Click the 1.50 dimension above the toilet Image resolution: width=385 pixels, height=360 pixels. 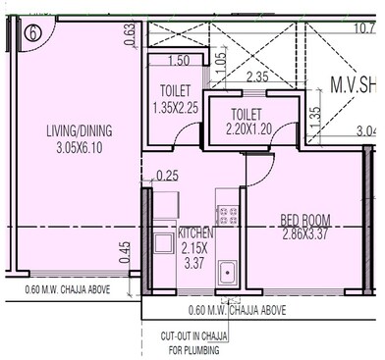click(180, 61)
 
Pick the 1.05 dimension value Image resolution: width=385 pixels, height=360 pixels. click(220, 64)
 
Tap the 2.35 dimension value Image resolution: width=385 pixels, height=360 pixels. click(256, 77)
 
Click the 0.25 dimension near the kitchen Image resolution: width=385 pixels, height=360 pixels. click(167, 176)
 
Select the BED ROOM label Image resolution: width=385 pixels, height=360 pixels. click(305, 220)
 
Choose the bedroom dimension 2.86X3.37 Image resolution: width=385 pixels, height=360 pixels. click(305, 235)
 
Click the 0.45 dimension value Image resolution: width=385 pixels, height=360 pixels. click(125, 252)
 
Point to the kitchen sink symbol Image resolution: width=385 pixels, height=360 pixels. click(227, 272)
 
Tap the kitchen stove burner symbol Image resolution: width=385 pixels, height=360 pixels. click(225, 213)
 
